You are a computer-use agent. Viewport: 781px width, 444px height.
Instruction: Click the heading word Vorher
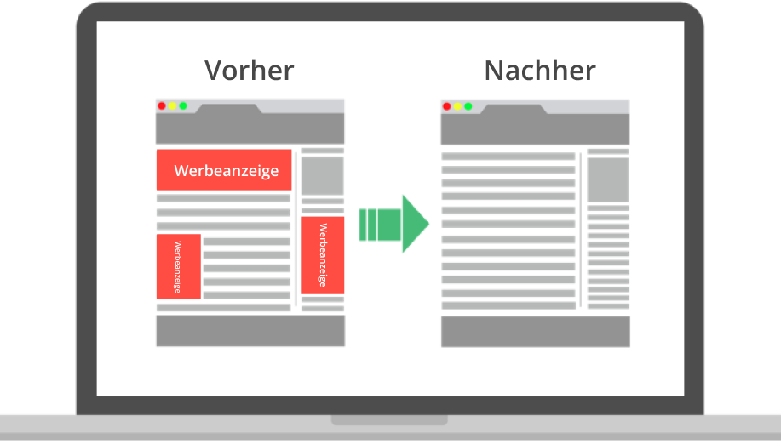coord(250,70)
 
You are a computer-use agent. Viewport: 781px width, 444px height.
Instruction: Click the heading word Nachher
coord(539,70)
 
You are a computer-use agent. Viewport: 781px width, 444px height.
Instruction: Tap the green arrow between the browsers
coord(393,224)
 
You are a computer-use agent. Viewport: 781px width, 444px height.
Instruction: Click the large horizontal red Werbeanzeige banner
coord(225,170)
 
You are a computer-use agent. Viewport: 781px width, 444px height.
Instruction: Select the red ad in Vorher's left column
coord(178,266)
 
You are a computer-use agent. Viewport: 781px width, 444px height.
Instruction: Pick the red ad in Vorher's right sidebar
coord(323,254)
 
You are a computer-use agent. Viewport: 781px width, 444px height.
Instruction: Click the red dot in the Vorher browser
coord(162,106)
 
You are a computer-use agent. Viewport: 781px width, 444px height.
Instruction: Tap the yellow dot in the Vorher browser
coord(172,106)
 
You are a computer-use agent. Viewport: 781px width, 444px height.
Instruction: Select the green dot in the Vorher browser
coord(183,106)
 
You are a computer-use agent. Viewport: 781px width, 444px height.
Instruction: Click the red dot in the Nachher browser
coord(446,106)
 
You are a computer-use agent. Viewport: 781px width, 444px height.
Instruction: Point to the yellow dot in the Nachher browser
coord(457,106)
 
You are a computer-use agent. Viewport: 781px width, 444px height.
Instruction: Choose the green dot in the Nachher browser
coord(468,106)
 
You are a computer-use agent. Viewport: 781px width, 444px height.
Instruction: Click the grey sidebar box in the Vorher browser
coord(323,176)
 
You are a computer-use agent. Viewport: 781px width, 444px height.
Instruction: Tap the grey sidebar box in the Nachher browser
coord(608,179)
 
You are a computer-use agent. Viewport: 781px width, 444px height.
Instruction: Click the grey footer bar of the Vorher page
coord(250,331)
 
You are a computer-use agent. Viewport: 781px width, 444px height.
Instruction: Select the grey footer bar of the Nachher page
coord(536,331)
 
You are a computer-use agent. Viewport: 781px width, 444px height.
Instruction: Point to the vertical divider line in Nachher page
coord(581,230)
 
